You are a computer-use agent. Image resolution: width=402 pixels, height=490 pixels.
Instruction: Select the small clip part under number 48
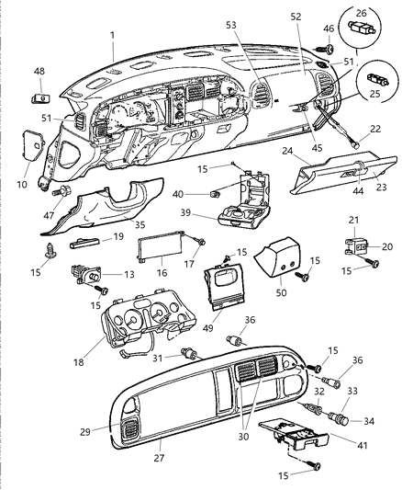39,97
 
